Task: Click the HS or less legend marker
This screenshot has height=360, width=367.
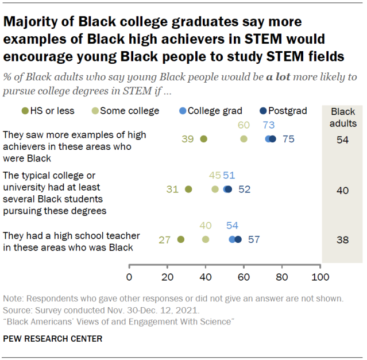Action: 25,111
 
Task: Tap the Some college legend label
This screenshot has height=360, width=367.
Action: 129,111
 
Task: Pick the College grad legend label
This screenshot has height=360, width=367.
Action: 215,111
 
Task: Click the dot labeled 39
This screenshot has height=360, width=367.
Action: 203,139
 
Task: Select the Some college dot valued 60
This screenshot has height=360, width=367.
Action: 244,139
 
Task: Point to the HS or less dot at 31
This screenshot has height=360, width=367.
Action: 188,189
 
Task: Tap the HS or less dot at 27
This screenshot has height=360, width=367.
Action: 180,239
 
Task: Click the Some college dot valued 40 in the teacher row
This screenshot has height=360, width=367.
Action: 206,239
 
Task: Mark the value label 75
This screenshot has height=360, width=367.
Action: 288,139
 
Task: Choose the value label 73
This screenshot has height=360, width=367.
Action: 269,125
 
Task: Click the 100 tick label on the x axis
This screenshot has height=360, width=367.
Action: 320,277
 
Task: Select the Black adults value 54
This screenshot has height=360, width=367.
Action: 343,140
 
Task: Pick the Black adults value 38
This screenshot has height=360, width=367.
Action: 343,240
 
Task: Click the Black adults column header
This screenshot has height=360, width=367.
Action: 343,117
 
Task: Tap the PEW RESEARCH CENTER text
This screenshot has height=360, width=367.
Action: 53,339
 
